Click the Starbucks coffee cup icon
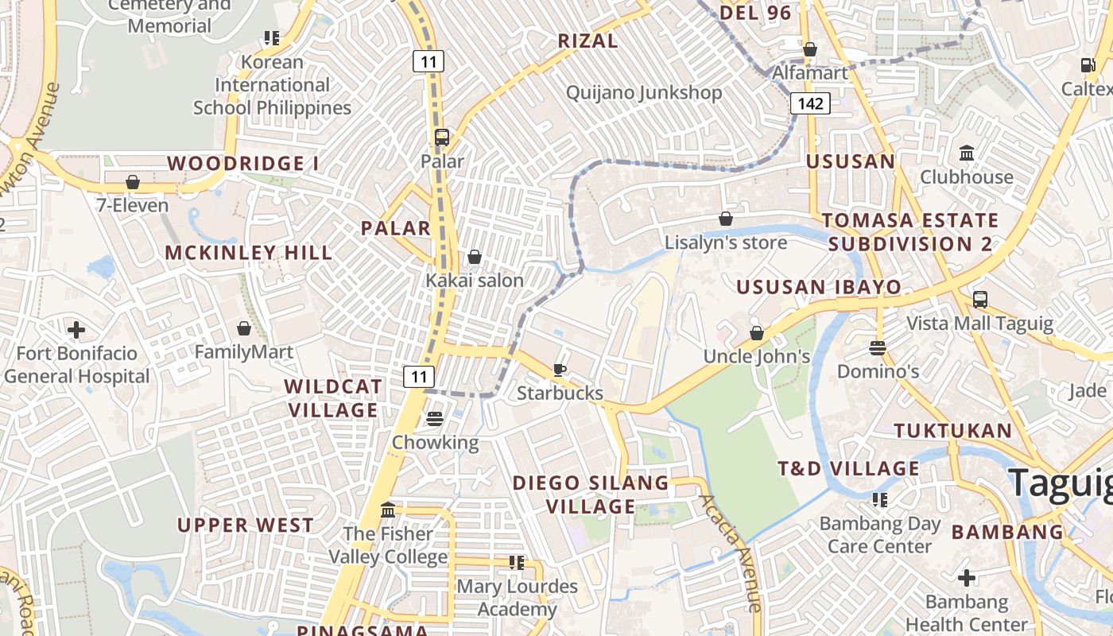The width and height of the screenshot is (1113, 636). point(560,370)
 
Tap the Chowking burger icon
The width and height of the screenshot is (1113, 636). point(434,418)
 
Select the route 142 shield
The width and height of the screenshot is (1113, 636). point(810,103)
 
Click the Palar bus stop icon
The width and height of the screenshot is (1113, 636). point(442,137)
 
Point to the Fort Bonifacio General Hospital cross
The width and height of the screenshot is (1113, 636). point(76,329)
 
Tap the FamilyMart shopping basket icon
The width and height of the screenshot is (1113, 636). point(244,328)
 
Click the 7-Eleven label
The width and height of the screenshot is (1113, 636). point(133,206)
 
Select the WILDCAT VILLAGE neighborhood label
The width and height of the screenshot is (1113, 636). point(333,398)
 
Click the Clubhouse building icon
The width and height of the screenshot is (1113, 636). point(967,153)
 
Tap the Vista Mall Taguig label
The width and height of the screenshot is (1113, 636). point(980,324)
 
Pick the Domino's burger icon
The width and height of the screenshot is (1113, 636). point(878,347)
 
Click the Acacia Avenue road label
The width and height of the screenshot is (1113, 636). point(731,552)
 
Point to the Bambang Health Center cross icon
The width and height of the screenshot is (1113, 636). point(967,578)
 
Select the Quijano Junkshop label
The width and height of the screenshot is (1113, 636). point(644,93)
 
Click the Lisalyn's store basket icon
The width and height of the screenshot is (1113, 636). point(726,219)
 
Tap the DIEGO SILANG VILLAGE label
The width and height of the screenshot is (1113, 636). point(591,494)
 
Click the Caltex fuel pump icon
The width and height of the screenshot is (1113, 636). point(1088,65)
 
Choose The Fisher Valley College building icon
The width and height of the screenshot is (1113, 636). point(388,510)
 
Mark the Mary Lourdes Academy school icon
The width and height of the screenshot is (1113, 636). point(517,563)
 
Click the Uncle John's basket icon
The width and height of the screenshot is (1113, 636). point(757,333)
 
